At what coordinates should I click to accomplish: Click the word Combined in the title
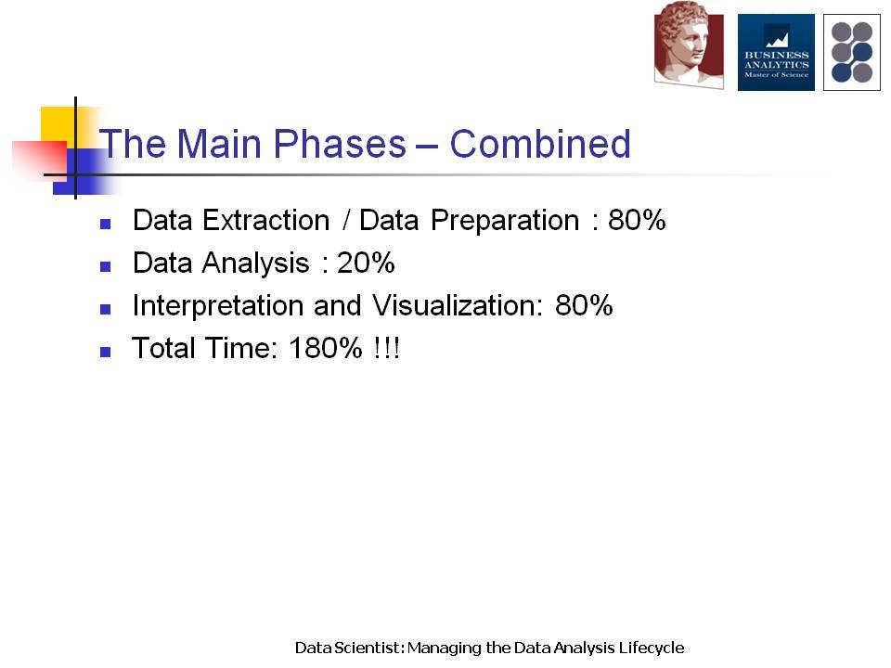pyautogui.click(x=540, y=143)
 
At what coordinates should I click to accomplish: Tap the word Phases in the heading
pyautogui.click(x=340, y=143)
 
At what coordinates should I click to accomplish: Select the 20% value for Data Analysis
pyautogui.click(x=366, y=263)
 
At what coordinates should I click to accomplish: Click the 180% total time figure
pyautogui.click(x=326, y=348)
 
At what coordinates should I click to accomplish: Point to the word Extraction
pyautogui.click(x=266, y=220)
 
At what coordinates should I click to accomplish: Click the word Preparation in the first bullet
pyautogui.click(x=505, y=221)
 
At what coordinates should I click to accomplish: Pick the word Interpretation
pyautogui.click(x=218, y=305)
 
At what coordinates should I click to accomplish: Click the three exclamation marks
pyautogui.click(x=387, y=348)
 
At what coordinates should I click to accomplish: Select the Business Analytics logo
pyautogui.click(x=776, y=52)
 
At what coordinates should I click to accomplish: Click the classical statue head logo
pyautogui.click(x=689, y=45)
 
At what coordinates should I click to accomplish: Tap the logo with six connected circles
pyautogui.click(x=852, y=52)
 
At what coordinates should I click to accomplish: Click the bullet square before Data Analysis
pyautogui.click(x=105, y=266)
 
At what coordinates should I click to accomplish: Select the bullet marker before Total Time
pyautogui.click(x=105, y=352)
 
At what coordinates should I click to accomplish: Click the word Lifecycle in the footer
pyautogui.click(x=652, y=649)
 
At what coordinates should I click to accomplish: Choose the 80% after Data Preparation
pyautogui.click(x=637, y=220)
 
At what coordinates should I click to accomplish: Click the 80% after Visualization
pyautogui.click(x=584, y=305)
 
